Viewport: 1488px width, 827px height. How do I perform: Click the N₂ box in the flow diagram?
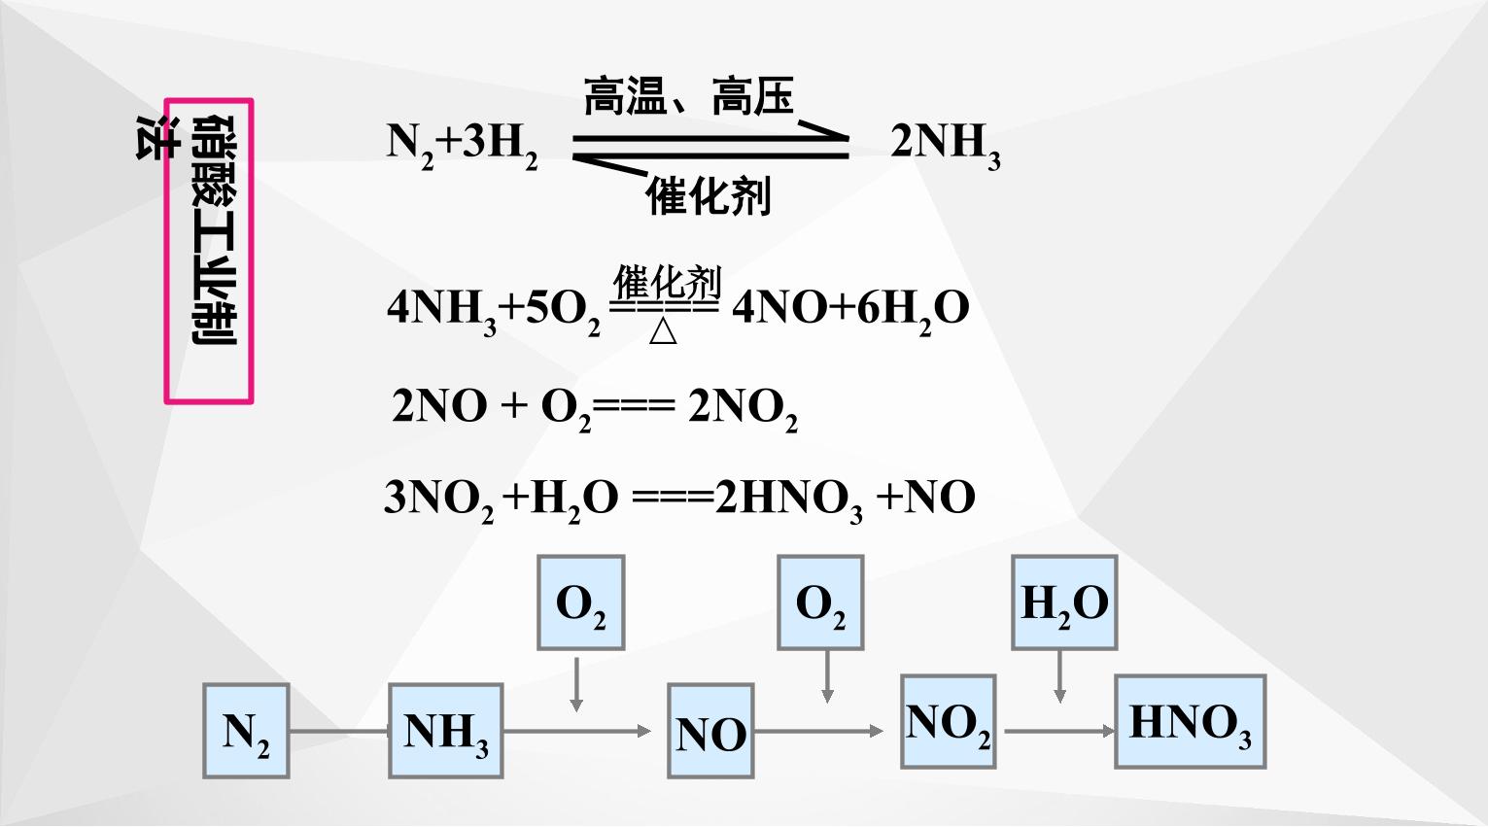tap(246, 731)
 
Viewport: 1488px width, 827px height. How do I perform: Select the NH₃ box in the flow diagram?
tap(446, 731)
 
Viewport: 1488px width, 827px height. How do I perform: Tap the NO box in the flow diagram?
tap(710, 731)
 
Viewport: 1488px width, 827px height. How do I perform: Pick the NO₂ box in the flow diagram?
tap(949, 721)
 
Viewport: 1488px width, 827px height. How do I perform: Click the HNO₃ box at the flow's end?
tap(1191, 721)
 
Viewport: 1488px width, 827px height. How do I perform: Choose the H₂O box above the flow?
tap(1064, 603)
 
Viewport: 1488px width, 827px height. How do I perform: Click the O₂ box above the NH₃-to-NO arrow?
tap(581, 603)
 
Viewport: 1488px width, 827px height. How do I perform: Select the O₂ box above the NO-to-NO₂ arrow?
tap(821, 603)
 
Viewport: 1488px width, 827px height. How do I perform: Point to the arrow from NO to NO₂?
tap(819, 732)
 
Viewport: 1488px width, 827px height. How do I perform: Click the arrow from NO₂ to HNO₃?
tap(1060, 732)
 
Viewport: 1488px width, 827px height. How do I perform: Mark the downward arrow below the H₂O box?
tap(1059, 676)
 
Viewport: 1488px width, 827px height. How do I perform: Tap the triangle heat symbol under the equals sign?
tap(663, 330)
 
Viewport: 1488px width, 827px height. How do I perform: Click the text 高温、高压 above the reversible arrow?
tap(689, 96)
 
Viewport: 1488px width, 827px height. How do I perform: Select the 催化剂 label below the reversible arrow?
tap(709, 195)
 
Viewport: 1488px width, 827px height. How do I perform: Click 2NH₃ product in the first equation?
tap(946, 146)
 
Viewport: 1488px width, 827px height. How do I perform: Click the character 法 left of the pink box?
tap(157, 137)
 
